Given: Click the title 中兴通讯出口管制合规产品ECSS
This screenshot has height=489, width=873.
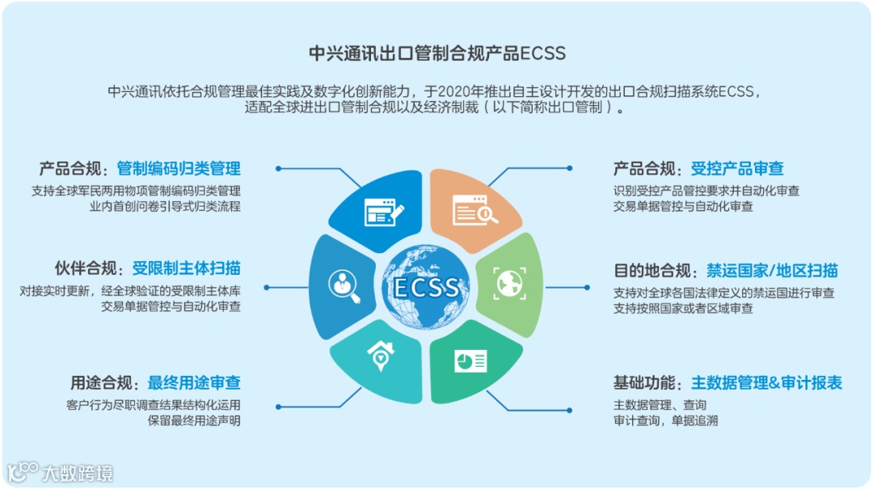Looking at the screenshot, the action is tap(437, 53).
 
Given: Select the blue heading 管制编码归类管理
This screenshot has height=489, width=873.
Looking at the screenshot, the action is tap(179, 169).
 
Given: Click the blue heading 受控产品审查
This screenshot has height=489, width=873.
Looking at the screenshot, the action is tap(737, 169).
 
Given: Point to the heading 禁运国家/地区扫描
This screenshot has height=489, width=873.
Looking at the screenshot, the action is tap(772, 270).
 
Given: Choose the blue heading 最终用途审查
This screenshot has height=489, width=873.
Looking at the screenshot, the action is tap(194, 382).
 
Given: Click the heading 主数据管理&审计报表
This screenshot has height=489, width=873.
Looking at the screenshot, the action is tap(766, 382).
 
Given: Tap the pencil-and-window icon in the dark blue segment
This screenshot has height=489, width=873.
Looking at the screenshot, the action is tap(384, 212).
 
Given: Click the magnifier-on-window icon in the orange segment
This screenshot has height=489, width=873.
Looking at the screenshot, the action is tap(474, 211).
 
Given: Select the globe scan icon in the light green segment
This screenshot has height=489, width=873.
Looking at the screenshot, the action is tap(510, 283).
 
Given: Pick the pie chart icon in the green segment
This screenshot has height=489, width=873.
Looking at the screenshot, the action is tap(470, 360).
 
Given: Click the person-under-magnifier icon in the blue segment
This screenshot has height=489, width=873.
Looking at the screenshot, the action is tap(344, 285).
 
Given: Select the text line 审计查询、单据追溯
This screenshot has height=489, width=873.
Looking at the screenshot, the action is tap(665, 420).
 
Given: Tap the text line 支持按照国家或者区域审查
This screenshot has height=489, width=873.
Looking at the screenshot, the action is tap(683, 308).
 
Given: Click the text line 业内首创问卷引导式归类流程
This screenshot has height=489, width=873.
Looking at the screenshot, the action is tap(165, 206).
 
